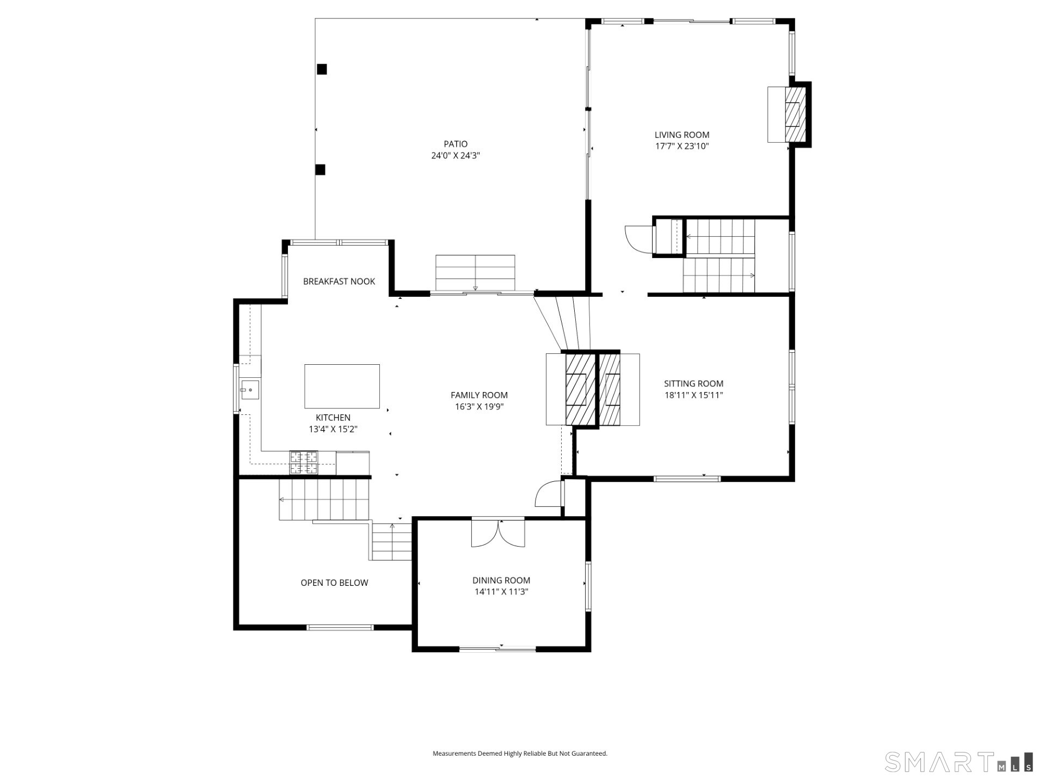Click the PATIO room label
[455, 144]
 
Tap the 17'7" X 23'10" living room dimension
[681, 146]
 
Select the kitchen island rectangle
[342, 386]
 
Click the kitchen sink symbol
[250, 390]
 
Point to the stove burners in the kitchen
[303, 463]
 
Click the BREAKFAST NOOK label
[339, 281]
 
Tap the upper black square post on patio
[322, 69]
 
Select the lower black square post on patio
[321, 170]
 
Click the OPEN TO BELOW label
[334, 583]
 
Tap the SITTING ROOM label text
[693, 383]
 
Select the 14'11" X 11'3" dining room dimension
[501, 592]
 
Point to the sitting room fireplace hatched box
[610, 389]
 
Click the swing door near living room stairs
[638, 240]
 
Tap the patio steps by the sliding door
[475, 272]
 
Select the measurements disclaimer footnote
[520, 754]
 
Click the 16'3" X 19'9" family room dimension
[479, 407]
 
